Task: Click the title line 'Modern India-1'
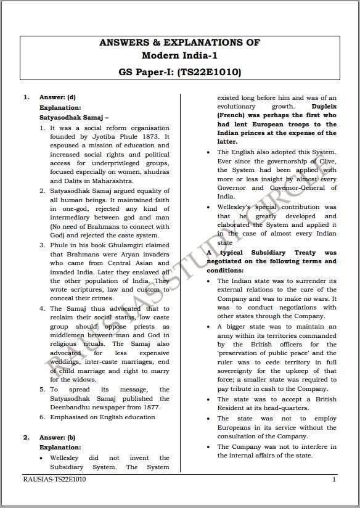[180, 56]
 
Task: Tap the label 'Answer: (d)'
[57, 97]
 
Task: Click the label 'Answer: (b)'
[57, 437]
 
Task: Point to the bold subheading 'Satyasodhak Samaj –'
[74, 117]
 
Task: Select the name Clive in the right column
[325, 161]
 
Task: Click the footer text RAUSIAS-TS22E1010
[55, 479]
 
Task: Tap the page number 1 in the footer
[333, 479]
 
